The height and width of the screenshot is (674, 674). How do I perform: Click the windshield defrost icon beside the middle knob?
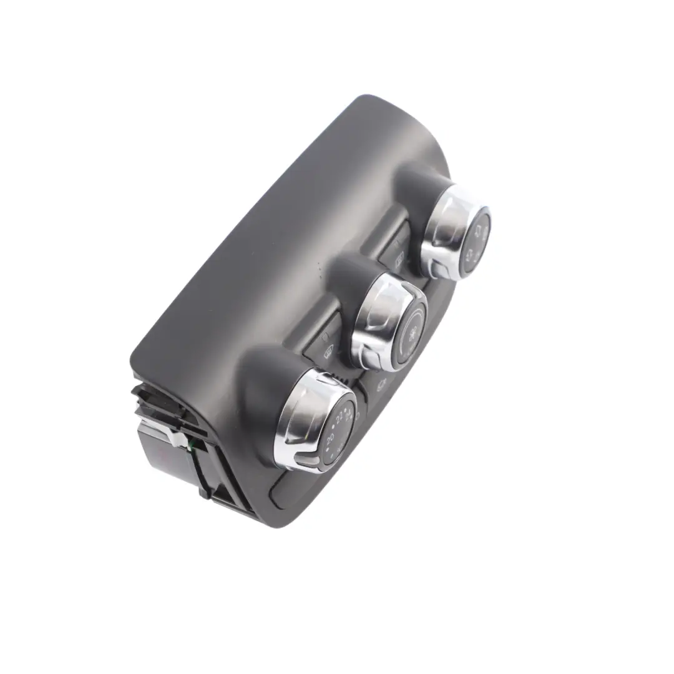tap(327, 349)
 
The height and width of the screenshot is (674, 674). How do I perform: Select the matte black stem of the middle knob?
tap(349, 278)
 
